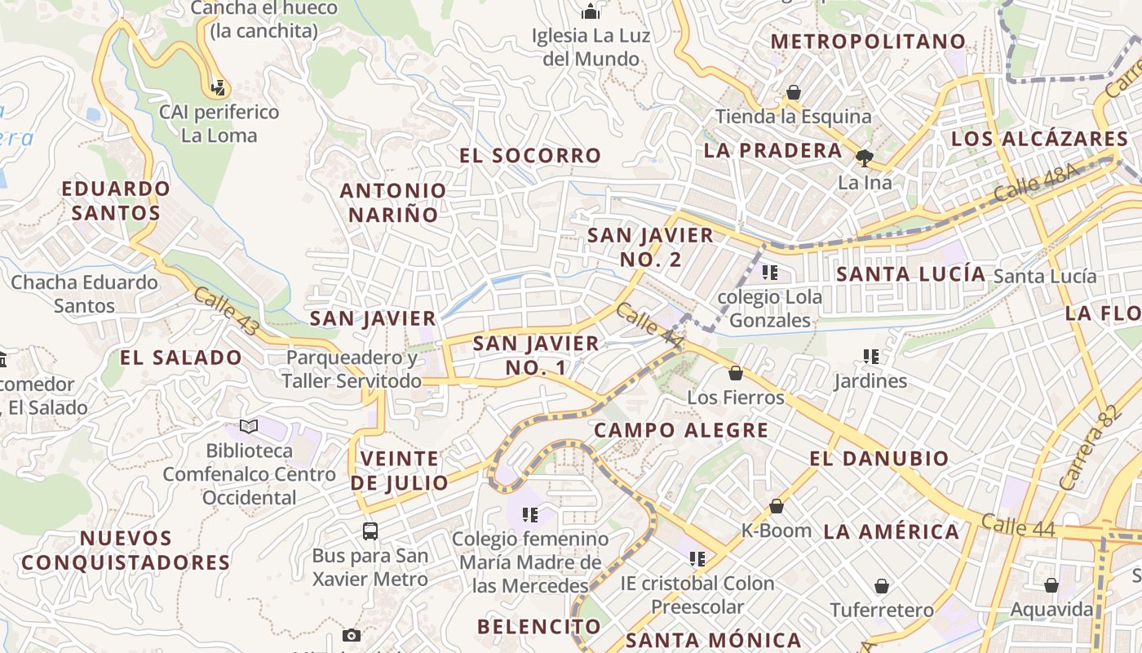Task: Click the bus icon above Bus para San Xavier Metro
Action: tap(370, 531)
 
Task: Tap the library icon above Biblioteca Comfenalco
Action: tap(249, 426)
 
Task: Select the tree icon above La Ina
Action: tap(865, 158)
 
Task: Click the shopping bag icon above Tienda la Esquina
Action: tap(793, 92)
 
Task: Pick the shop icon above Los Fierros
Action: tap(736, 373)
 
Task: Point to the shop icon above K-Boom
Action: tap(777, 506)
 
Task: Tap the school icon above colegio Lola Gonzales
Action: tap(769, 272)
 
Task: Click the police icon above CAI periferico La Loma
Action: tap(218, 87)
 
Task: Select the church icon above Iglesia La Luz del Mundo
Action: tap(591, 11)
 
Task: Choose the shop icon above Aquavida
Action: tap(1051, 585)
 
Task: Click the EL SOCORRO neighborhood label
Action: tap(530, 155)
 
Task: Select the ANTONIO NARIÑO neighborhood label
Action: tap(393, 202)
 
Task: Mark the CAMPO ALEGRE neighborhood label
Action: tap(681, 430)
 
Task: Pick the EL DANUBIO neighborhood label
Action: tap(879, 459)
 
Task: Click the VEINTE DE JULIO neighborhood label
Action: tap(400, 470)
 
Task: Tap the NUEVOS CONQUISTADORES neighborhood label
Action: tap(126, 550)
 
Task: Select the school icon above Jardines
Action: tap(871, 357)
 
